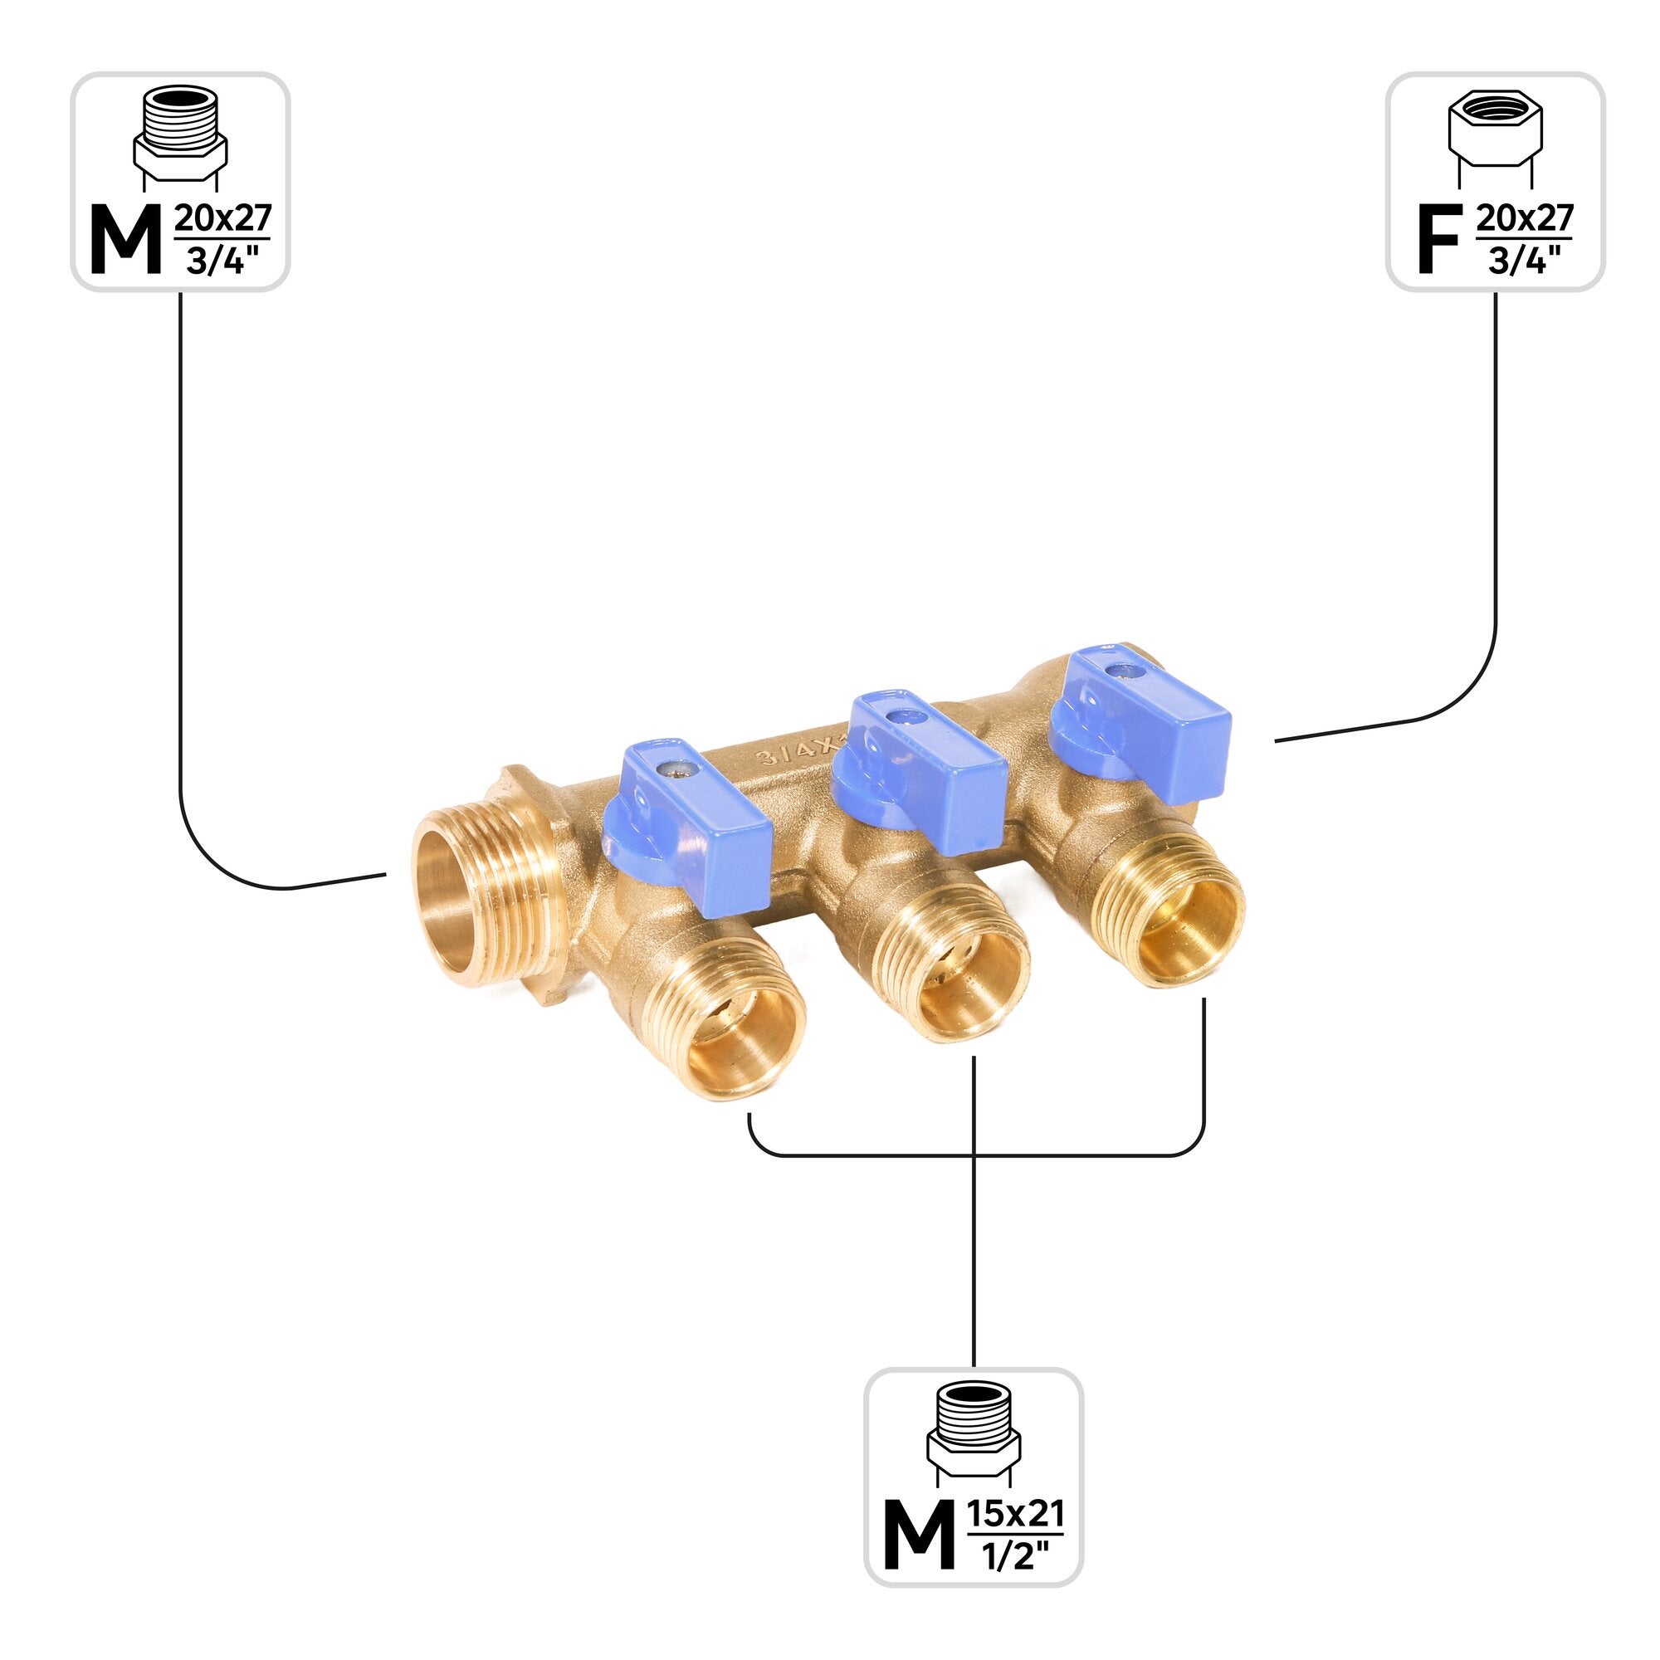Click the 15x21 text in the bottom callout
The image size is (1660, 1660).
(1016, 1511)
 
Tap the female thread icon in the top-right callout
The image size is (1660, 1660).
(1495, 138)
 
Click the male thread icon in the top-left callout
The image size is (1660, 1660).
(180, 138)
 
